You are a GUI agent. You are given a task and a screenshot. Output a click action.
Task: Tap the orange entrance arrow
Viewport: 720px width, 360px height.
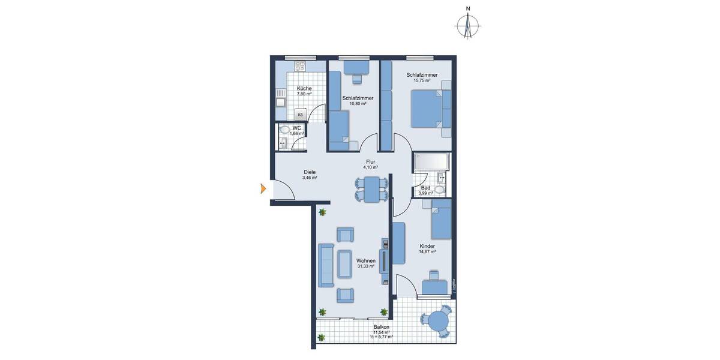click(x=263, y=190)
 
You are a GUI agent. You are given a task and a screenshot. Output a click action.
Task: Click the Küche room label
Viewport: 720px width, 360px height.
click(x=304, y=88)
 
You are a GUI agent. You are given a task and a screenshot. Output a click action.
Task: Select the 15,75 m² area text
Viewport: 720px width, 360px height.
click(x=422, y=80)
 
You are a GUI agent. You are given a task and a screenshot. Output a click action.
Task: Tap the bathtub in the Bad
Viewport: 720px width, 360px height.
click(x=431, y=161)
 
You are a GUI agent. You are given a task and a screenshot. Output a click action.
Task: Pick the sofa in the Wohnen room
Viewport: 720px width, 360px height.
click(x=326, y=266)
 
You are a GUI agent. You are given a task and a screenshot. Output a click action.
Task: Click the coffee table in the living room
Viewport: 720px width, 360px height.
click(x=344, y=264)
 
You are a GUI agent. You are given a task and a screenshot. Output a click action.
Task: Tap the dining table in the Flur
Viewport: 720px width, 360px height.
click(x=371, y=189)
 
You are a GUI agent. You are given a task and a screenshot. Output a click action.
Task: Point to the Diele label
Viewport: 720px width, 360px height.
click(x=310, y=172)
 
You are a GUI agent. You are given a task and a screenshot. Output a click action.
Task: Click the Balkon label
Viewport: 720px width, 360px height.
click(x=381, y=327)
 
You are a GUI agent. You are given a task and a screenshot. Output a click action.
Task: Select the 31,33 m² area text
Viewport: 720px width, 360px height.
click(x=365, y=266)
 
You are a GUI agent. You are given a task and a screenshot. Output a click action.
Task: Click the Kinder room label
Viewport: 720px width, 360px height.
click(x=427, y=246)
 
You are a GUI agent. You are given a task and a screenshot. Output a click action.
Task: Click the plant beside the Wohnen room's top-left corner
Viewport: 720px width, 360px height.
click(x=322, y=212)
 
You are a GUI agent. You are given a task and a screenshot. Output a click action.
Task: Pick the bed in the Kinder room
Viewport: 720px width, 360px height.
click(x=441, y=219)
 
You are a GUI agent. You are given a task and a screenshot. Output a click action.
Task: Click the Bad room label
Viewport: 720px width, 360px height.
click(x=425, y=187)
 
